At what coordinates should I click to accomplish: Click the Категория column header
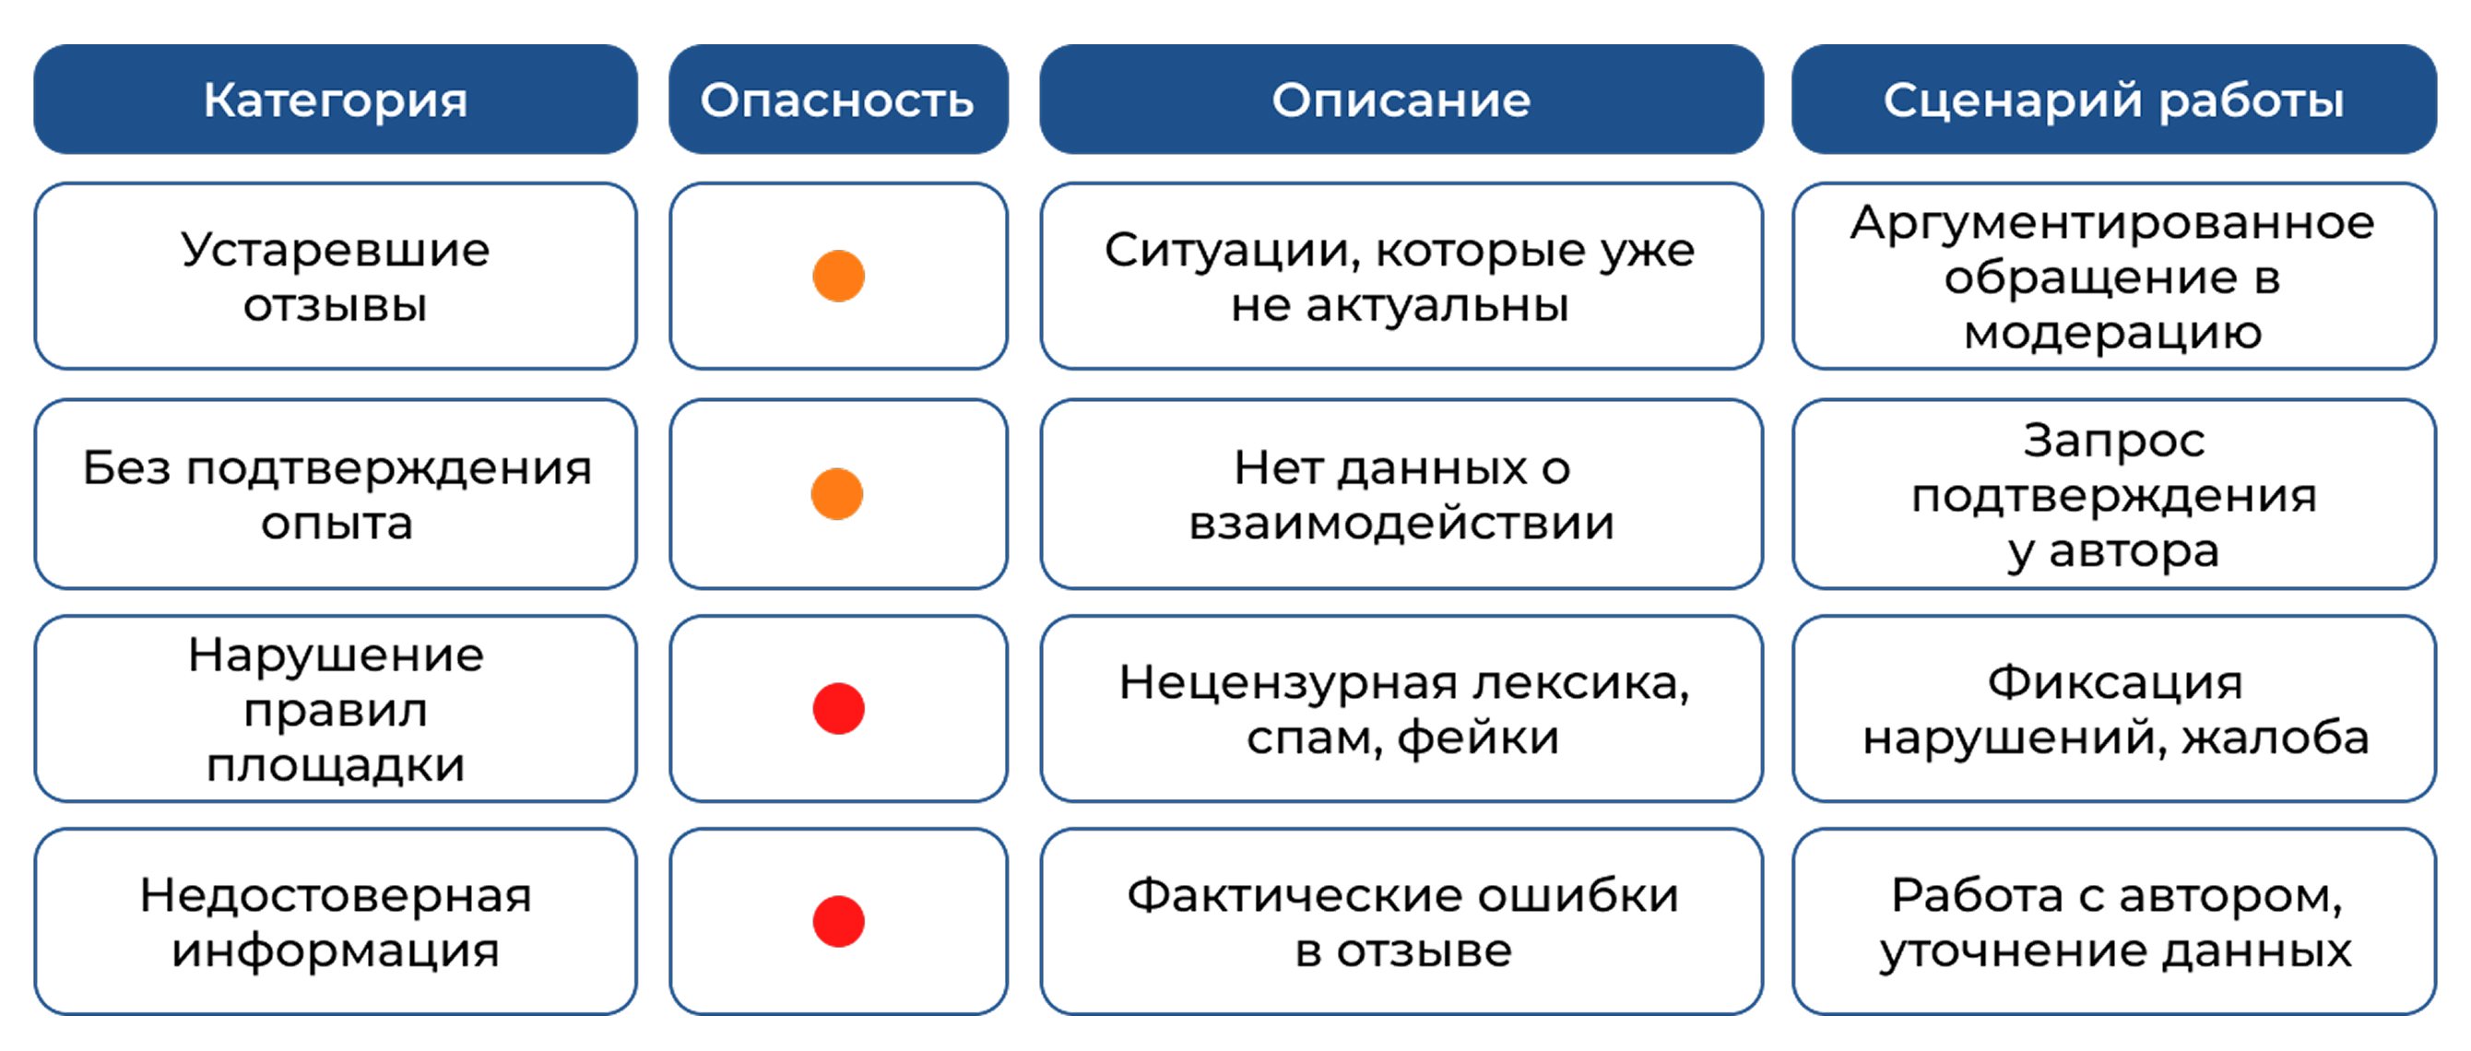click(336, 100)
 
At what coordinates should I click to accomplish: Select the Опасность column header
click(838, 100)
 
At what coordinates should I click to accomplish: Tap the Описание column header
click(1401, 100)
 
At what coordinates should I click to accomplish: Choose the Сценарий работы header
click(2114, 100)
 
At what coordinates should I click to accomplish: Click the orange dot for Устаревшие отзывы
click(838, 277)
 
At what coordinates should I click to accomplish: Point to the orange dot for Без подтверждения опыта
click(837, 494)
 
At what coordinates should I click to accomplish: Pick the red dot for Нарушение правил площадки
click(838, 709)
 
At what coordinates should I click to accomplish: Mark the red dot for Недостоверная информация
click(838, 922)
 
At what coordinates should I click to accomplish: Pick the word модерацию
click(2113, 334)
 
